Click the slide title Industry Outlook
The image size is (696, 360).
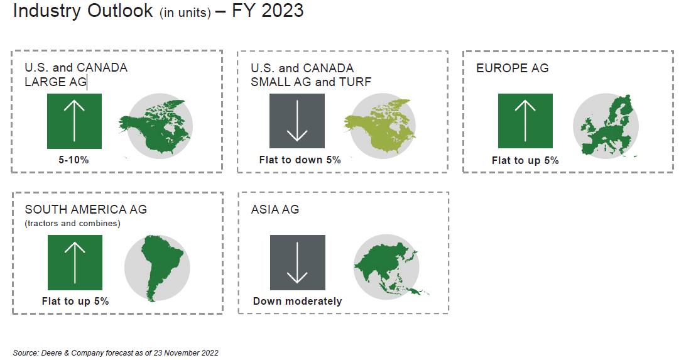[83, 10]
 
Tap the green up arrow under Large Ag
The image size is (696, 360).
[74, 121]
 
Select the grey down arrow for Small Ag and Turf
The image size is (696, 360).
[297, 121]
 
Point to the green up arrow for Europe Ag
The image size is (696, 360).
[525, 121]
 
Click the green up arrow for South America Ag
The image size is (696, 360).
[75, 263]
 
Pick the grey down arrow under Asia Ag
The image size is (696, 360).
[297, 263]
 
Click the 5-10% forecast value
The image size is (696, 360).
[73, 160]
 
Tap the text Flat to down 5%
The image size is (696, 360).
[300, 160]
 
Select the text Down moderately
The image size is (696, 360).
[297, 302]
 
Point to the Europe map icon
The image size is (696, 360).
[606, 126]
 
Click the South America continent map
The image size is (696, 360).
[157, 268]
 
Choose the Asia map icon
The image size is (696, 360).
[388, 267]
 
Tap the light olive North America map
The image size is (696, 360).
[381, 126]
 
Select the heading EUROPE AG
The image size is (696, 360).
[512, 68]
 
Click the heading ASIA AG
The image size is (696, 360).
[275, 209]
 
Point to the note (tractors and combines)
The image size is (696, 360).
[72, 223]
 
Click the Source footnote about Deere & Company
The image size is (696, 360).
[116, 353]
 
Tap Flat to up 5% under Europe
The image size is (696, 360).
[525, 160]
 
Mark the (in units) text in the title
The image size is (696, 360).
[185, 13]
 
